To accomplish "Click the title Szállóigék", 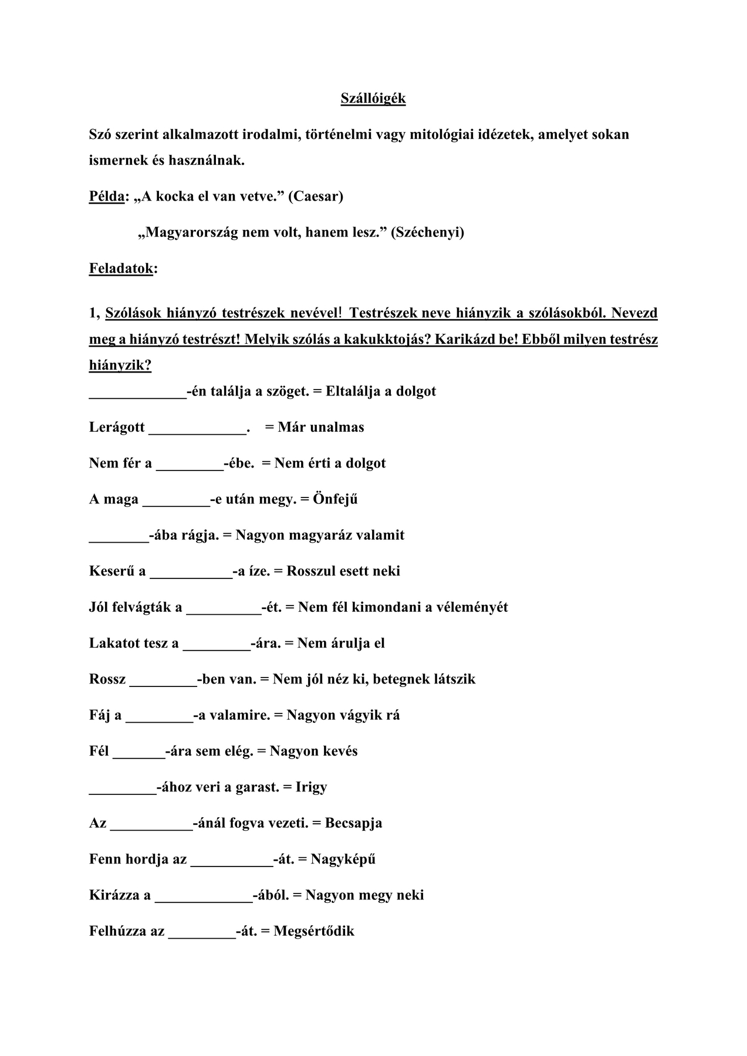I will pyautogui.click(x=373, y=99).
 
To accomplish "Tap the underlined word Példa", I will pyautogui.click(x=107, y=196).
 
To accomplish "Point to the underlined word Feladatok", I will pyautogui.click(x=121, y=269).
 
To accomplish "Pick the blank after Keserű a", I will pyautogui.click(x=191, y=573).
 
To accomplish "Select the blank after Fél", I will pyautogui.click(x=138, y=753).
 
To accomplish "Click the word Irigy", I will pyautogui.click(x=312, y=787).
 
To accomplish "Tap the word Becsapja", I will pyautogui.click(x=353, y=823).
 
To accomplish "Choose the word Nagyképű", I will pyautogui.click(x=343, y=859).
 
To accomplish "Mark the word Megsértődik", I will pyautogui.click(x=314, y=931).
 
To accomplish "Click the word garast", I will pyautogui.click(x=257, y=787).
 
